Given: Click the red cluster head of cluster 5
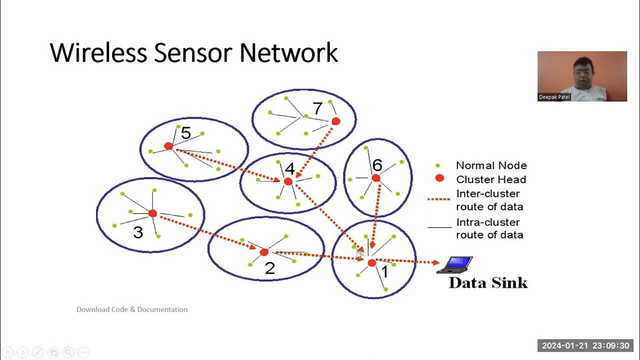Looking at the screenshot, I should [x=168, y=146].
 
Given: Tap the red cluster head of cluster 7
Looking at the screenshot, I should [x=336, y=121].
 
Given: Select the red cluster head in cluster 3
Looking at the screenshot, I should [x=152, y=213].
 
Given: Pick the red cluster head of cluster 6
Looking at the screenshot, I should [x=376, y=178].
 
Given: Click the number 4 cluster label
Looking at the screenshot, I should [x=289, y=168].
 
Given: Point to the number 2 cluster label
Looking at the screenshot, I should [x=269, y=268].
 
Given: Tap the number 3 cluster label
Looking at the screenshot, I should [x=138, y=232].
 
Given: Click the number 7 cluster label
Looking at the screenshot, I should [x=317, y=108].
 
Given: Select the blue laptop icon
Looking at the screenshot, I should [x=456, y=264].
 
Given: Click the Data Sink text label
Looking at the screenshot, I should [x=488, y=282].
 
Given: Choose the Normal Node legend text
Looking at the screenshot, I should [x=491, y=165].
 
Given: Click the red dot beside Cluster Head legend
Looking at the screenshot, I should [x=439, y=178].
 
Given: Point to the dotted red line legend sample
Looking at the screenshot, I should [x=439, y=199].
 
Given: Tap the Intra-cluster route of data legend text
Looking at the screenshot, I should [x=489, y=228].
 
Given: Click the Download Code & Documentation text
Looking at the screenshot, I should [x=132, y=309].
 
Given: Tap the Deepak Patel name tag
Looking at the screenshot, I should [x=554, y=97].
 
